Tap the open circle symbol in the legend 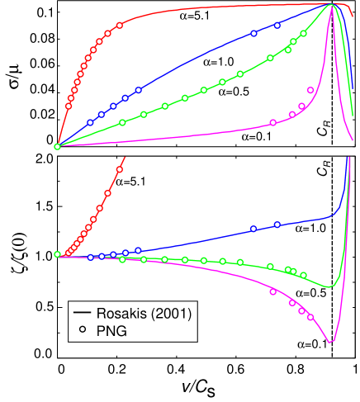pyautogui.click(x=82, y=330)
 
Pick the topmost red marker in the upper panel pyautogui.click(x=120, y=25)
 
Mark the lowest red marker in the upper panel pyautogui.click(x=69, y=106)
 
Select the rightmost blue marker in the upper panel pyautogui.click(x=277, y=26)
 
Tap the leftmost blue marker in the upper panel pyautogui.click(x=91, y=122)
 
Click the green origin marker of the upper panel pyautogui.click(x=57, y=146)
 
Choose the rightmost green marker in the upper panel pyautogui.click(x=304, y=33)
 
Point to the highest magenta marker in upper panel pyautogui.click(x=310, y=89)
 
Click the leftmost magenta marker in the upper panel pyautogui.click(x=273, y=122)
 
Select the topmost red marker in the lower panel pyautogui.click(x=120, y=169)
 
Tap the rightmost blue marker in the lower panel pyautogui.click(x=277, y=224)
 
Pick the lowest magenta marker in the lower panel pyautogui.click(x=310, y=317)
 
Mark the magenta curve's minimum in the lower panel pyautogui.click(x=330, y=342)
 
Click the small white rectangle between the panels pyautogui.click(x=332, y=149)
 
